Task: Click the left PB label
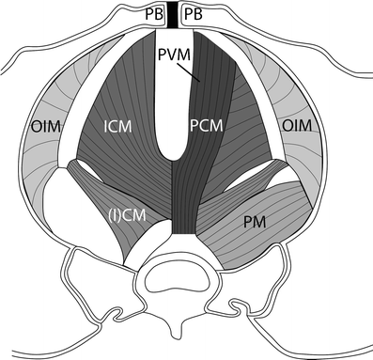(x=155, y=15)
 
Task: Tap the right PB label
(x=196, y=15)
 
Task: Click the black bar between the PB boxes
(x=176, y=15)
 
